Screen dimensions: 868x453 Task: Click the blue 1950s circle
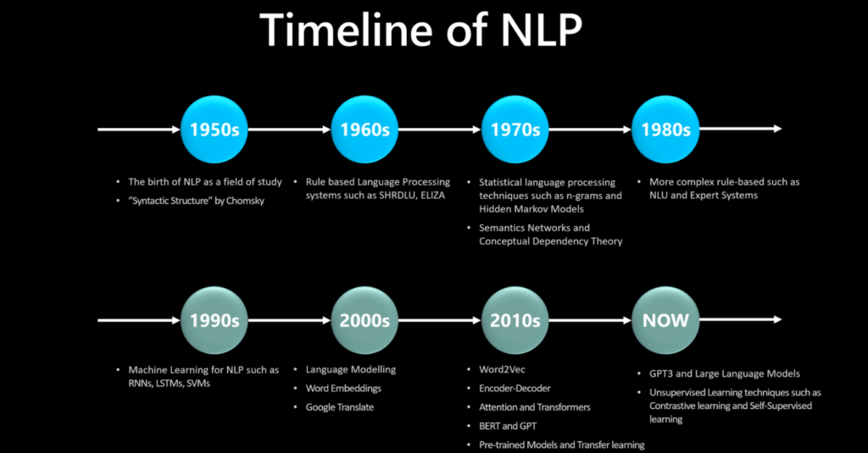coord(214,130)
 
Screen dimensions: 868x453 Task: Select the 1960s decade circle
coord(364,130)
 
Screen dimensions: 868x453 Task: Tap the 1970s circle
coord(515,130)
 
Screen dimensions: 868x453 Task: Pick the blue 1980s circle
coord(665,130)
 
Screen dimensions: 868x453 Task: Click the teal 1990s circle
coord(214,320)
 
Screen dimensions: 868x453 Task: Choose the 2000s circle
coord(364,320)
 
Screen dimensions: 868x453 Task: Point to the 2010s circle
coord(515,320)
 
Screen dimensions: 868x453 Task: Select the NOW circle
coord(665,320)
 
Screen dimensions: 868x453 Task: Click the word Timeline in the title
coord(346,30)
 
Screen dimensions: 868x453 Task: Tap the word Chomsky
coord(246,201)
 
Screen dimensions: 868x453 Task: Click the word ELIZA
coord(432,196)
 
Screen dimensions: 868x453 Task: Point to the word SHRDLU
coord(398,196)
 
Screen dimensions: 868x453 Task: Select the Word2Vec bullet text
coord(502,369)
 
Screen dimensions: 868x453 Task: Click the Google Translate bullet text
coord(340,407)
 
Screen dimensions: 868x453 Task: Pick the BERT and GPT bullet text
coord(508,426)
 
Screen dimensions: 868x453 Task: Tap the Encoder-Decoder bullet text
coord(515,389)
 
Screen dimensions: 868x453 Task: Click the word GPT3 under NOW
coord(661,374)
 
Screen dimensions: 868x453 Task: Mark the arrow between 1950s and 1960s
coord(290,130)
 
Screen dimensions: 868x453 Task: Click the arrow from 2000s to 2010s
coord(440,320)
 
